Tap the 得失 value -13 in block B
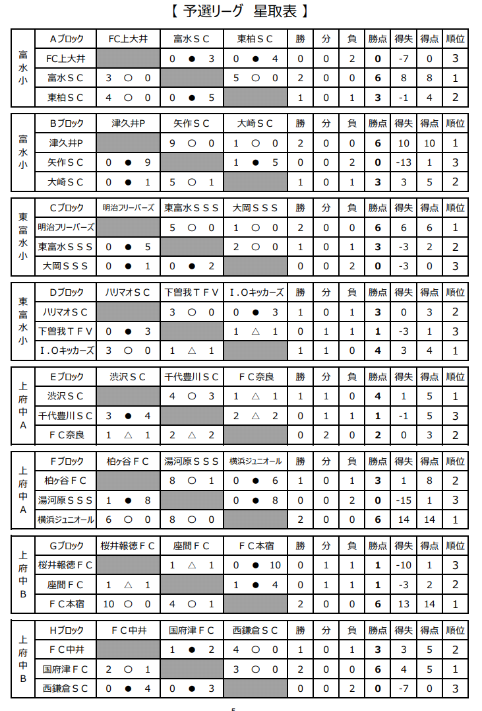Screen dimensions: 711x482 [403, 162]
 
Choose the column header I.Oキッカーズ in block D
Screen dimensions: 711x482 [256, 292]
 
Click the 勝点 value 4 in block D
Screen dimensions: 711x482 [378, 351]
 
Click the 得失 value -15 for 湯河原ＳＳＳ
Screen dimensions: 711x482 [403, 500]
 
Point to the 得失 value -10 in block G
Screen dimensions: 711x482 [403, 565]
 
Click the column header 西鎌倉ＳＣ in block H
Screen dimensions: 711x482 [256, 630]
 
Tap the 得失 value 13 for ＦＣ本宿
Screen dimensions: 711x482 [403, 604]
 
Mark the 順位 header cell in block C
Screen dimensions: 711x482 [455, 208]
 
